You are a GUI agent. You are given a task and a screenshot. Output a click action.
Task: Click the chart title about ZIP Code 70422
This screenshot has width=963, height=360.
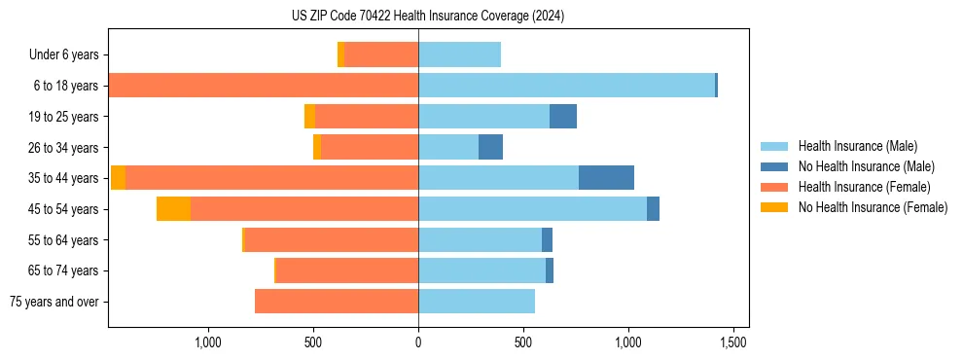[x=428, y=17]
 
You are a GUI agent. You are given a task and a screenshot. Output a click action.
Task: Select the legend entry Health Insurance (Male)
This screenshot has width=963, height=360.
[x=857, y=146]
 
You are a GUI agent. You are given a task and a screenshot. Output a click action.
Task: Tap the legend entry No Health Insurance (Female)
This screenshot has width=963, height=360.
[x=872, y=207]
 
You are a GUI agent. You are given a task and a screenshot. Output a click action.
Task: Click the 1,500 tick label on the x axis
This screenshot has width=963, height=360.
[x=732, y=342]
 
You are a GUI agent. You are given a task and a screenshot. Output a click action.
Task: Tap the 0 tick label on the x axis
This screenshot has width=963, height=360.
[x=418, y=342]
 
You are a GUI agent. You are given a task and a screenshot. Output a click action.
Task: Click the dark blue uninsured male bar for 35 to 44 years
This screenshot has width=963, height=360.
[x=606, y=178]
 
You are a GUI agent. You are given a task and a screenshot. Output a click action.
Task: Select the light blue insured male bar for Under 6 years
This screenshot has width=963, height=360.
[x=459, y=55]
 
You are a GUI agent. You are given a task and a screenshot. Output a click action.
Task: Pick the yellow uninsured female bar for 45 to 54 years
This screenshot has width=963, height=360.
[x=173, y=209]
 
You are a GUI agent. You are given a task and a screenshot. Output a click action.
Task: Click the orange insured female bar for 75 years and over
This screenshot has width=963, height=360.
[x=337, y=302]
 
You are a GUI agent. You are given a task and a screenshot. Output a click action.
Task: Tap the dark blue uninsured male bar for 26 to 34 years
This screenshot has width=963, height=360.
[x=490, y=148]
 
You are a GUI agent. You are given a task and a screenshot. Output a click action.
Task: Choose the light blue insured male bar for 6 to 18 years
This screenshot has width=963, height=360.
[x=566, y=86]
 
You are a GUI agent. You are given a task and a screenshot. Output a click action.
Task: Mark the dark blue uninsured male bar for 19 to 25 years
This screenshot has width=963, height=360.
[x=563, y=117]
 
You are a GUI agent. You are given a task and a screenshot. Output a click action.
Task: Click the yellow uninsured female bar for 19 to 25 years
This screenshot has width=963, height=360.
[x=309, y=117]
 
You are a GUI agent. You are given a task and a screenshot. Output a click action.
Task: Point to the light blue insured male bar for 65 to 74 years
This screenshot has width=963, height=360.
[x=481, y=270]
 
